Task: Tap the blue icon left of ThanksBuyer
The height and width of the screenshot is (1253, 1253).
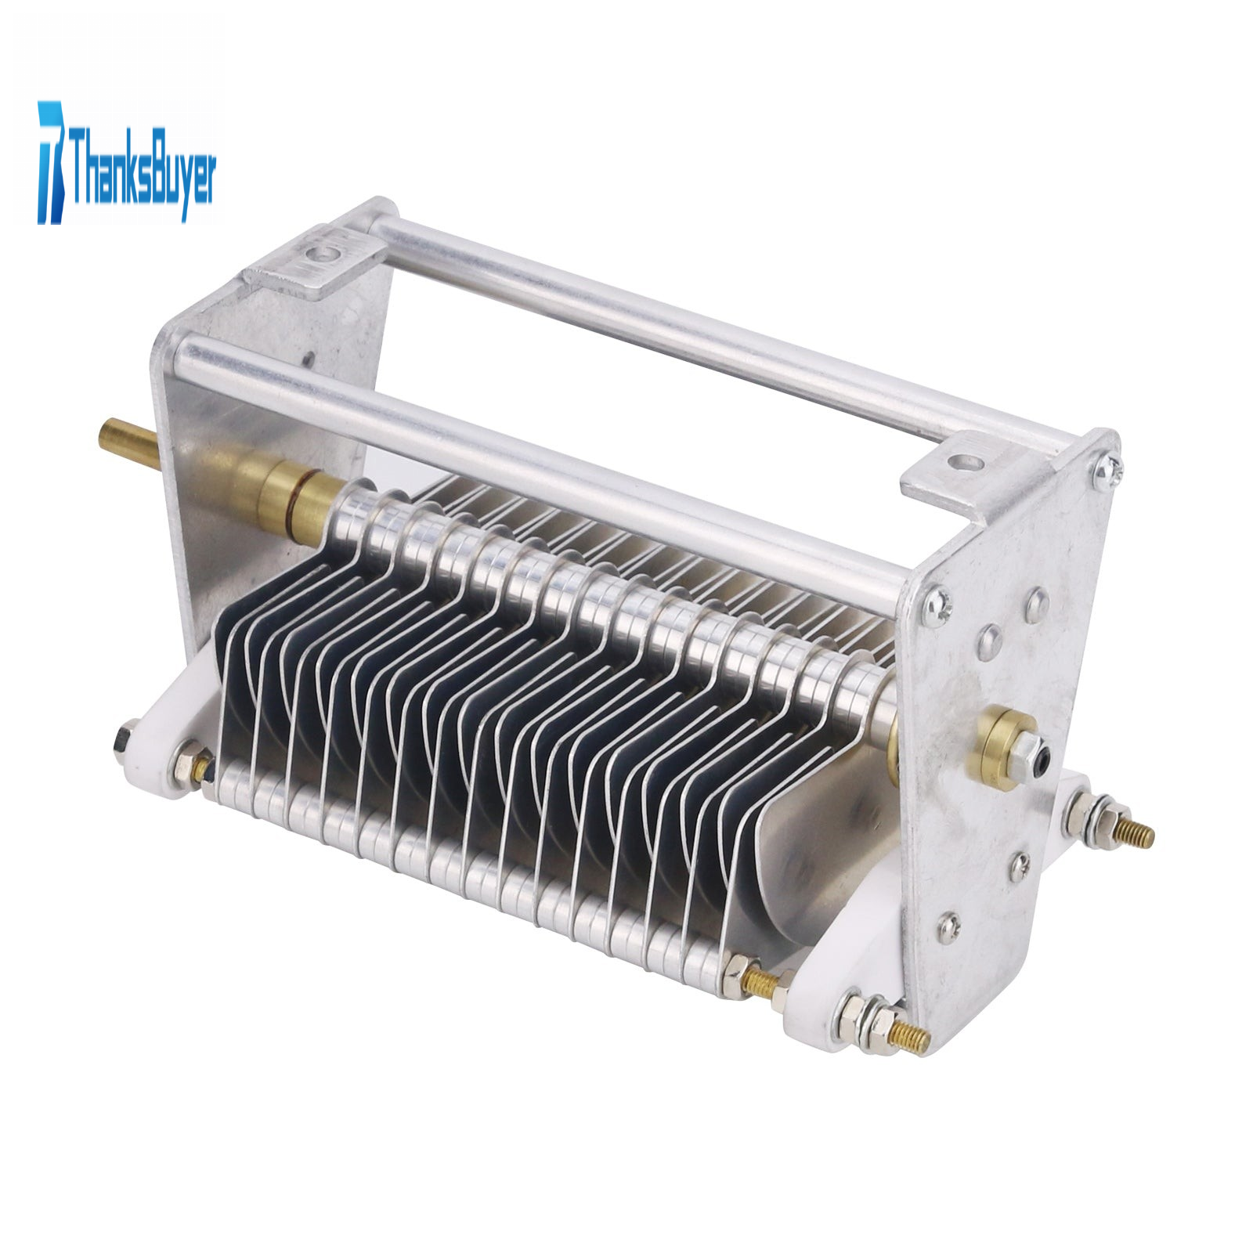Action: coord(52,161)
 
